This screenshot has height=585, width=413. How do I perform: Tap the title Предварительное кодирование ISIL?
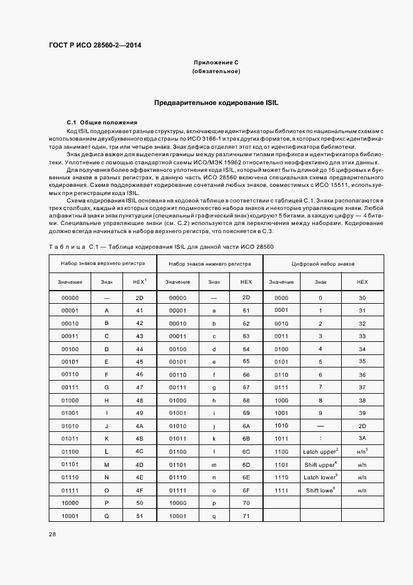click(216, 101)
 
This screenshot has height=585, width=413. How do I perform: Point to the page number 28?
click(52, 534)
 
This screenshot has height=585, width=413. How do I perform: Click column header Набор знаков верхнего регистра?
click(102, 264)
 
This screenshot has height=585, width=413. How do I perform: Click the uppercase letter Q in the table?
click(107, 516)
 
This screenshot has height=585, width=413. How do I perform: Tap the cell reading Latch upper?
click(321, 451)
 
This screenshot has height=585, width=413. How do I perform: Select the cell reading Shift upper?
click(321, 464)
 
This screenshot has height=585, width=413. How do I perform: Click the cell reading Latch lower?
click(321, 477)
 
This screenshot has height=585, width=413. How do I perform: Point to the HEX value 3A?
click(362, 438)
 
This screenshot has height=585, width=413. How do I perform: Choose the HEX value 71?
click(246, 516)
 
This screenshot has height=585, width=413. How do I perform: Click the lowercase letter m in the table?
click(214, 464)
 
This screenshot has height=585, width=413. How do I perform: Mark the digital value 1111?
click(281, 491)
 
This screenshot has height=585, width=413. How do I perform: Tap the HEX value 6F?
click(246, 491)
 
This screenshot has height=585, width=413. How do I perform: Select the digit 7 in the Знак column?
click(320, 387)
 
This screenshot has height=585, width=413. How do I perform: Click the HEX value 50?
click(139, 502)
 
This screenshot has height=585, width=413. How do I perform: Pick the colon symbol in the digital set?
click(320, 438)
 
